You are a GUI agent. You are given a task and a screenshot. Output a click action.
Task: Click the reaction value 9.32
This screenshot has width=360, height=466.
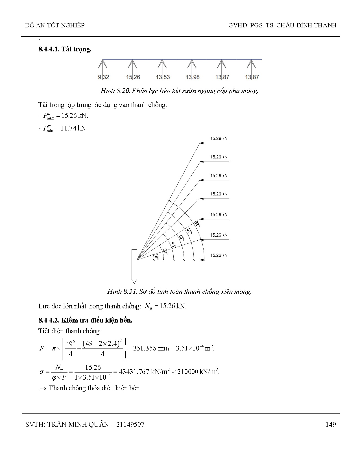(x=103, y=77)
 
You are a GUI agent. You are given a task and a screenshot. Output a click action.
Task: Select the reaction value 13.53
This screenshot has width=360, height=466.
(x=163, y=77)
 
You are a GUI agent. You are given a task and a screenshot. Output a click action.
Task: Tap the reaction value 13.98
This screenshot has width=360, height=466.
(x=193, y=77)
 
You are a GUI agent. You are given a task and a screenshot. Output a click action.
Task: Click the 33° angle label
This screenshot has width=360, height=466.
(x=165, y=251)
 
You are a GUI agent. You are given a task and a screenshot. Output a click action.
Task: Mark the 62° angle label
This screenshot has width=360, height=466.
(x=197, y=225)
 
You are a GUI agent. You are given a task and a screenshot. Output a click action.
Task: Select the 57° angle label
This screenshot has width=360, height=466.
(x=189, y=231)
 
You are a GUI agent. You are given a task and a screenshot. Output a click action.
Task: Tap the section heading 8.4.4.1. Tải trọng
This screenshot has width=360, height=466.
(x=65, y=49)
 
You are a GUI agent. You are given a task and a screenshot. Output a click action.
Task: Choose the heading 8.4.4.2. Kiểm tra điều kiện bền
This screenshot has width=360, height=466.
(x=85, y=320)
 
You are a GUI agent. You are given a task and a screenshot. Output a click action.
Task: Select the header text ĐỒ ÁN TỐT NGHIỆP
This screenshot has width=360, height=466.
(x=55, y=25)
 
